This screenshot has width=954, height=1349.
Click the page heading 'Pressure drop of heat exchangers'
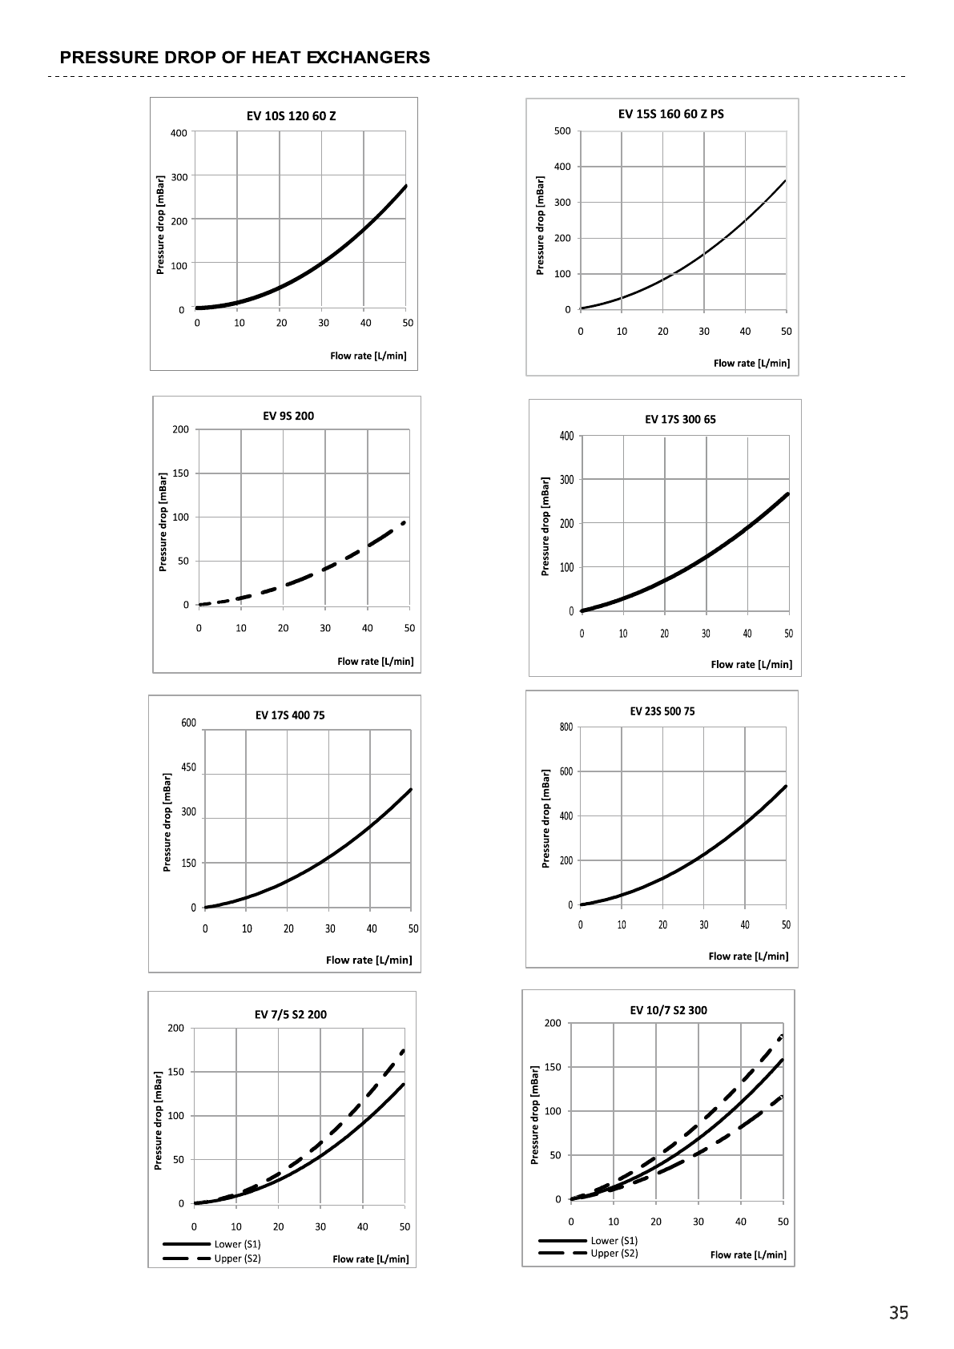click(244, 58)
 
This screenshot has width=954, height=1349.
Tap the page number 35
click(898, 1313)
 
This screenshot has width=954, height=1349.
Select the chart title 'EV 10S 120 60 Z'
click(291, 116)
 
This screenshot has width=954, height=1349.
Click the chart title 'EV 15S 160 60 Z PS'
click(670, 114)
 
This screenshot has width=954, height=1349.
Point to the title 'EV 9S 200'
click(288, 416)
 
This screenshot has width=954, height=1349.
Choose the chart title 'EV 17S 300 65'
click(680, 419)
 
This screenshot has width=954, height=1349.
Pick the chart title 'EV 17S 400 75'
click(290, 715)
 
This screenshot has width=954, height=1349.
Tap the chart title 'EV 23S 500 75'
click(662, 711)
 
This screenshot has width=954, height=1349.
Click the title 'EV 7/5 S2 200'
click(290, 1015)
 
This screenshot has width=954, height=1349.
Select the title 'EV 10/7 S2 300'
click(668, 1010)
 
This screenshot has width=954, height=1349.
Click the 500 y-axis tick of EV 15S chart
click(562, 131)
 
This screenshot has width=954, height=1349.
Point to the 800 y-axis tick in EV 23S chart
click(566, 727)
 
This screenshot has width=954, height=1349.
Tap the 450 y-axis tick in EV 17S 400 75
click(188, 767)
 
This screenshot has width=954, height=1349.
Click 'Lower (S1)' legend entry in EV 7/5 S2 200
click(237, 1244)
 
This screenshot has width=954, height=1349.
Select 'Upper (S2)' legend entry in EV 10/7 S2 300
click(614, 1253)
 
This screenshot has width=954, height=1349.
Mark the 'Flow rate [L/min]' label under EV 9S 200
click(375, 662)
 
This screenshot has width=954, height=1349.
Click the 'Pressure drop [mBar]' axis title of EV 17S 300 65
click(545, 526)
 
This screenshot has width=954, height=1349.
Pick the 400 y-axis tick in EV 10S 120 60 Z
click(179, 133)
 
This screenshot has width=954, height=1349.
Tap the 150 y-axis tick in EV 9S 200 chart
click(180, 473)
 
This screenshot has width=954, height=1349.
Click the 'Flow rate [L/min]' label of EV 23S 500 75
click(748, 956)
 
